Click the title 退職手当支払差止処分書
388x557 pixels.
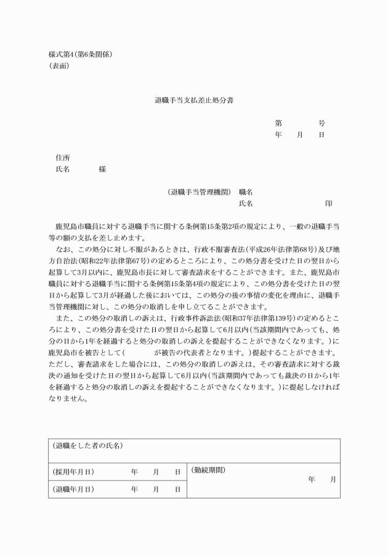point(193,99)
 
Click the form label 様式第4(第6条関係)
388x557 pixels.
point(80,54)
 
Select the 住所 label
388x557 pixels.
point(62,157)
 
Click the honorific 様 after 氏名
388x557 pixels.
point(102,169)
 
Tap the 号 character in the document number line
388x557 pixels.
point(321,123)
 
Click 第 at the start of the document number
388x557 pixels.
point(278,123)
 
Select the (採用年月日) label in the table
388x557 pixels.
point(73,472)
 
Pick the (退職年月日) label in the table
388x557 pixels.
point(73,489)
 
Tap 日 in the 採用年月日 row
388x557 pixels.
point(177,472)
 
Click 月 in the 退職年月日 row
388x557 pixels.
point(156,489)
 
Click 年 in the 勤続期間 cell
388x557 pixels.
point(312,479)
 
